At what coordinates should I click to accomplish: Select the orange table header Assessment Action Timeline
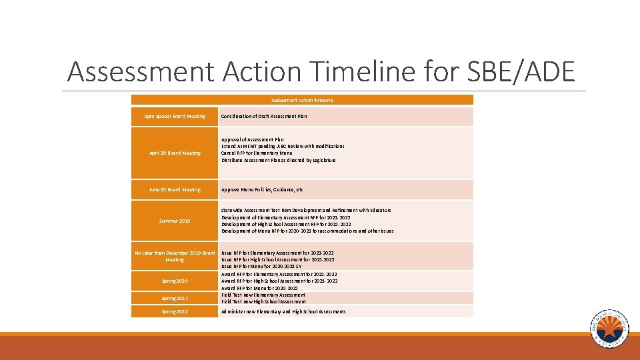(x=302, y=100)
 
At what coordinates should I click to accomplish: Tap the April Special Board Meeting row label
(x=175, y=117)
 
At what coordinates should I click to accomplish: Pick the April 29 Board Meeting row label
(x=175, y=153)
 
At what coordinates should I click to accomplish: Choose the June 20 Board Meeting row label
(x=175, y=190)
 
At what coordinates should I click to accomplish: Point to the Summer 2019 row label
(x=175, y=221)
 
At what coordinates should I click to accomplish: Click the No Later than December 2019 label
(x=175, y=256)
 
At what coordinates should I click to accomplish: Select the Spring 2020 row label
(x=175, y=281)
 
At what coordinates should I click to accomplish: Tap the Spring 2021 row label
(x=175, y=299)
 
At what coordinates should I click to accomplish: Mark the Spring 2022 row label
(x=175, y=312)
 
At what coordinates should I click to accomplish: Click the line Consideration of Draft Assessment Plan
(x=265, y=117)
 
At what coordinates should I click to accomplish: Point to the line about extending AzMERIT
(x=283, y=146)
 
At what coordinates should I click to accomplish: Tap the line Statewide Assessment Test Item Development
(x=306, y=211)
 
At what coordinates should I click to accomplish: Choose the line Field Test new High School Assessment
(x=263, y=301)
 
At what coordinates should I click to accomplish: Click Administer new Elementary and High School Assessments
(x=283, y=312)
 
